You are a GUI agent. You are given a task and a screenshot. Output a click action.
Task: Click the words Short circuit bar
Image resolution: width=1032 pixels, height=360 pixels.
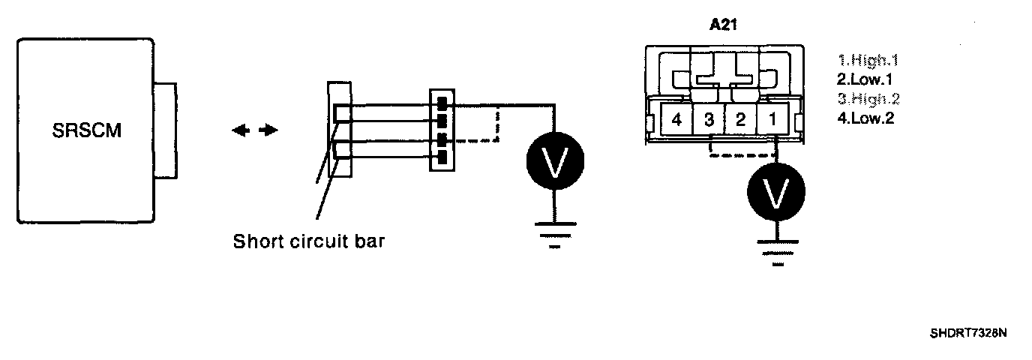(309, 242)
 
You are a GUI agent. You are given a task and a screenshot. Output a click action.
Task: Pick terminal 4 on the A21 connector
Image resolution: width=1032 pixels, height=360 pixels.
(676, 118)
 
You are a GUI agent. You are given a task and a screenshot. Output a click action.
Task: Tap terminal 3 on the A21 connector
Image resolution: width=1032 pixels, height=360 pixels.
(708, 118)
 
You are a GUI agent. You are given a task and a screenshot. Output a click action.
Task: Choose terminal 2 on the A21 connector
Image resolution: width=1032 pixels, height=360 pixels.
(740, 118)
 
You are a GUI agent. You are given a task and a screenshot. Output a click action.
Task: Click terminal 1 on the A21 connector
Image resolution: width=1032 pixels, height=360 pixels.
(772, 118)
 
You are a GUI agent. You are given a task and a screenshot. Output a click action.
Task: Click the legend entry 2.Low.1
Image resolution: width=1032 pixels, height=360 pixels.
(865, 80)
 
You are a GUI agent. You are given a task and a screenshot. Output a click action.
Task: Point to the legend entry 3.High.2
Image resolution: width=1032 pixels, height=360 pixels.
(870, 98)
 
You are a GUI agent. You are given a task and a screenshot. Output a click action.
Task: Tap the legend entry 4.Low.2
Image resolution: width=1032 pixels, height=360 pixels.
(865, 117)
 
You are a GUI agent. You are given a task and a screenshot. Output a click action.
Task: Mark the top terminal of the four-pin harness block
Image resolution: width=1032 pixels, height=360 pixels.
(442, 102)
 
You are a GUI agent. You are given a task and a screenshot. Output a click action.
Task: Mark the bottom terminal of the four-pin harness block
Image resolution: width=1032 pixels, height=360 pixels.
(442, 157)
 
